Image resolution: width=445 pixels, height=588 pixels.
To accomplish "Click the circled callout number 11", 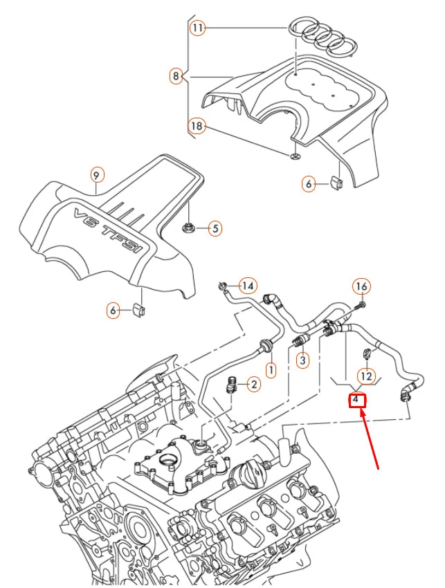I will (x=198, y=28).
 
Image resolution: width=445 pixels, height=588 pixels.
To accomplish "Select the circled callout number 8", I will (x=176, y=75).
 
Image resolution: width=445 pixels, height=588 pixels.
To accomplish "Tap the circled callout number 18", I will (x=198, y=126).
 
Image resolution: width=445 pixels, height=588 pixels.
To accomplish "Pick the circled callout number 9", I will (x=96, y=176).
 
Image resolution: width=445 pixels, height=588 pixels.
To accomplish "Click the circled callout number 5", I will (x=215, y=228).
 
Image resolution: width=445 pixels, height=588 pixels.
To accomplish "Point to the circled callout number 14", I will (x=248, y=286).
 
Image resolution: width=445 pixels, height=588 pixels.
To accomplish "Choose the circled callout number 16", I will (x=361, y=286).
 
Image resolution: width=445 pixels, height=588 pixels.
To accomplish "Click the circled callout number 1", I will (x=271, y=371).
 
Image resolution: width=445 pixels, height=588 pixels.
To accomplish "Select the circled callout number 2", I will (x=253, y=384).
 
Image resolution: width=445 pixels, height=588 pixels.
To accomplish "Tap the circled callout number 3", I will (x=302, y=360).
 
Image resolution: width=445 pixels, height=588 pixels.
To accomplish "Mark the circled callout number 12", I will (x=366, y=376).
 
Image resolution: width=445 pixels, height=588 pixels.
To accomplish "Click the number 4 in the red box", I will (x=356, y=399).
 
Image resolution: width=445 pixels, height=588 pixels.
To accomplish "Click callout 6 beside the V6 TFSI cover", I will (x=113, y=311).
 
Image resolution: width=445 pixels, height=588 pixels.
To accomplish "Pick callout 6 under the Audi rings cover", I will (x=309, y=183).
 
